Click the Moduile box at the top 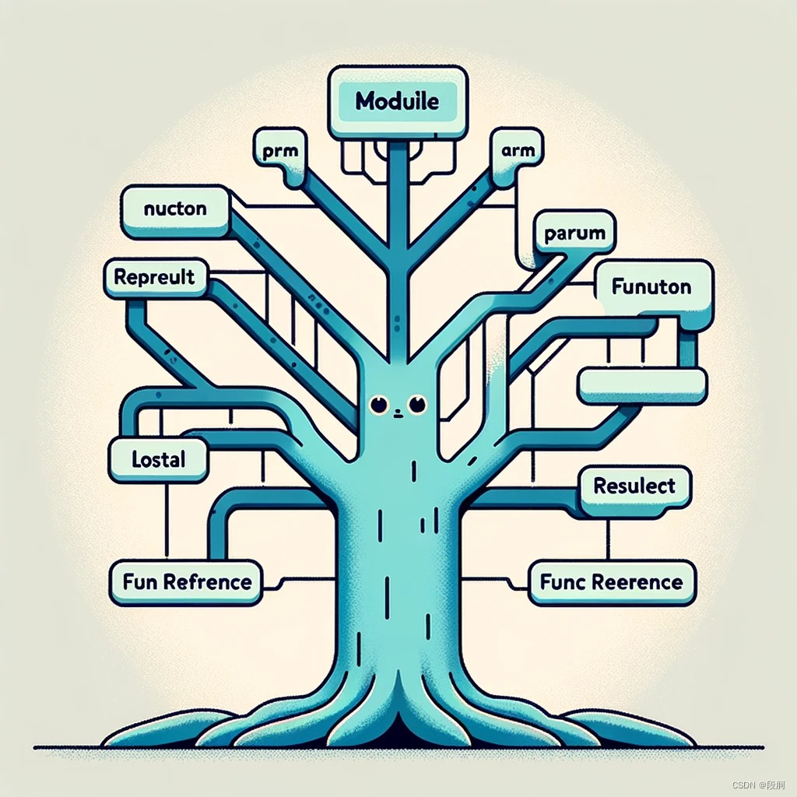point(398,101)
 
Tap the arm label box point(518,151)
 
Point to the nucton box point(176,209)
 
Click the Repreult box point(154,277)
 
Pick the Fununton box point(652,287)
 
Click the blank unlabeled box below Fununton point(642,384)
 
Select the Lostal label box point(159,459)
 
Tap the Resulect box point(634,487)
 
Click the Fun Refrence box point(187,582)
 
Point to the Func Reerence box point(611,582)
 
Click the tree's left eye point(379,404)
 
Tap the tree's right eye point(418,403)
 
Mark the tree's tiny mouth point(398,413)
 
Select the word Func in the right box point(562,582)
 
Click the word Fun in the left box point(141,582)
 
